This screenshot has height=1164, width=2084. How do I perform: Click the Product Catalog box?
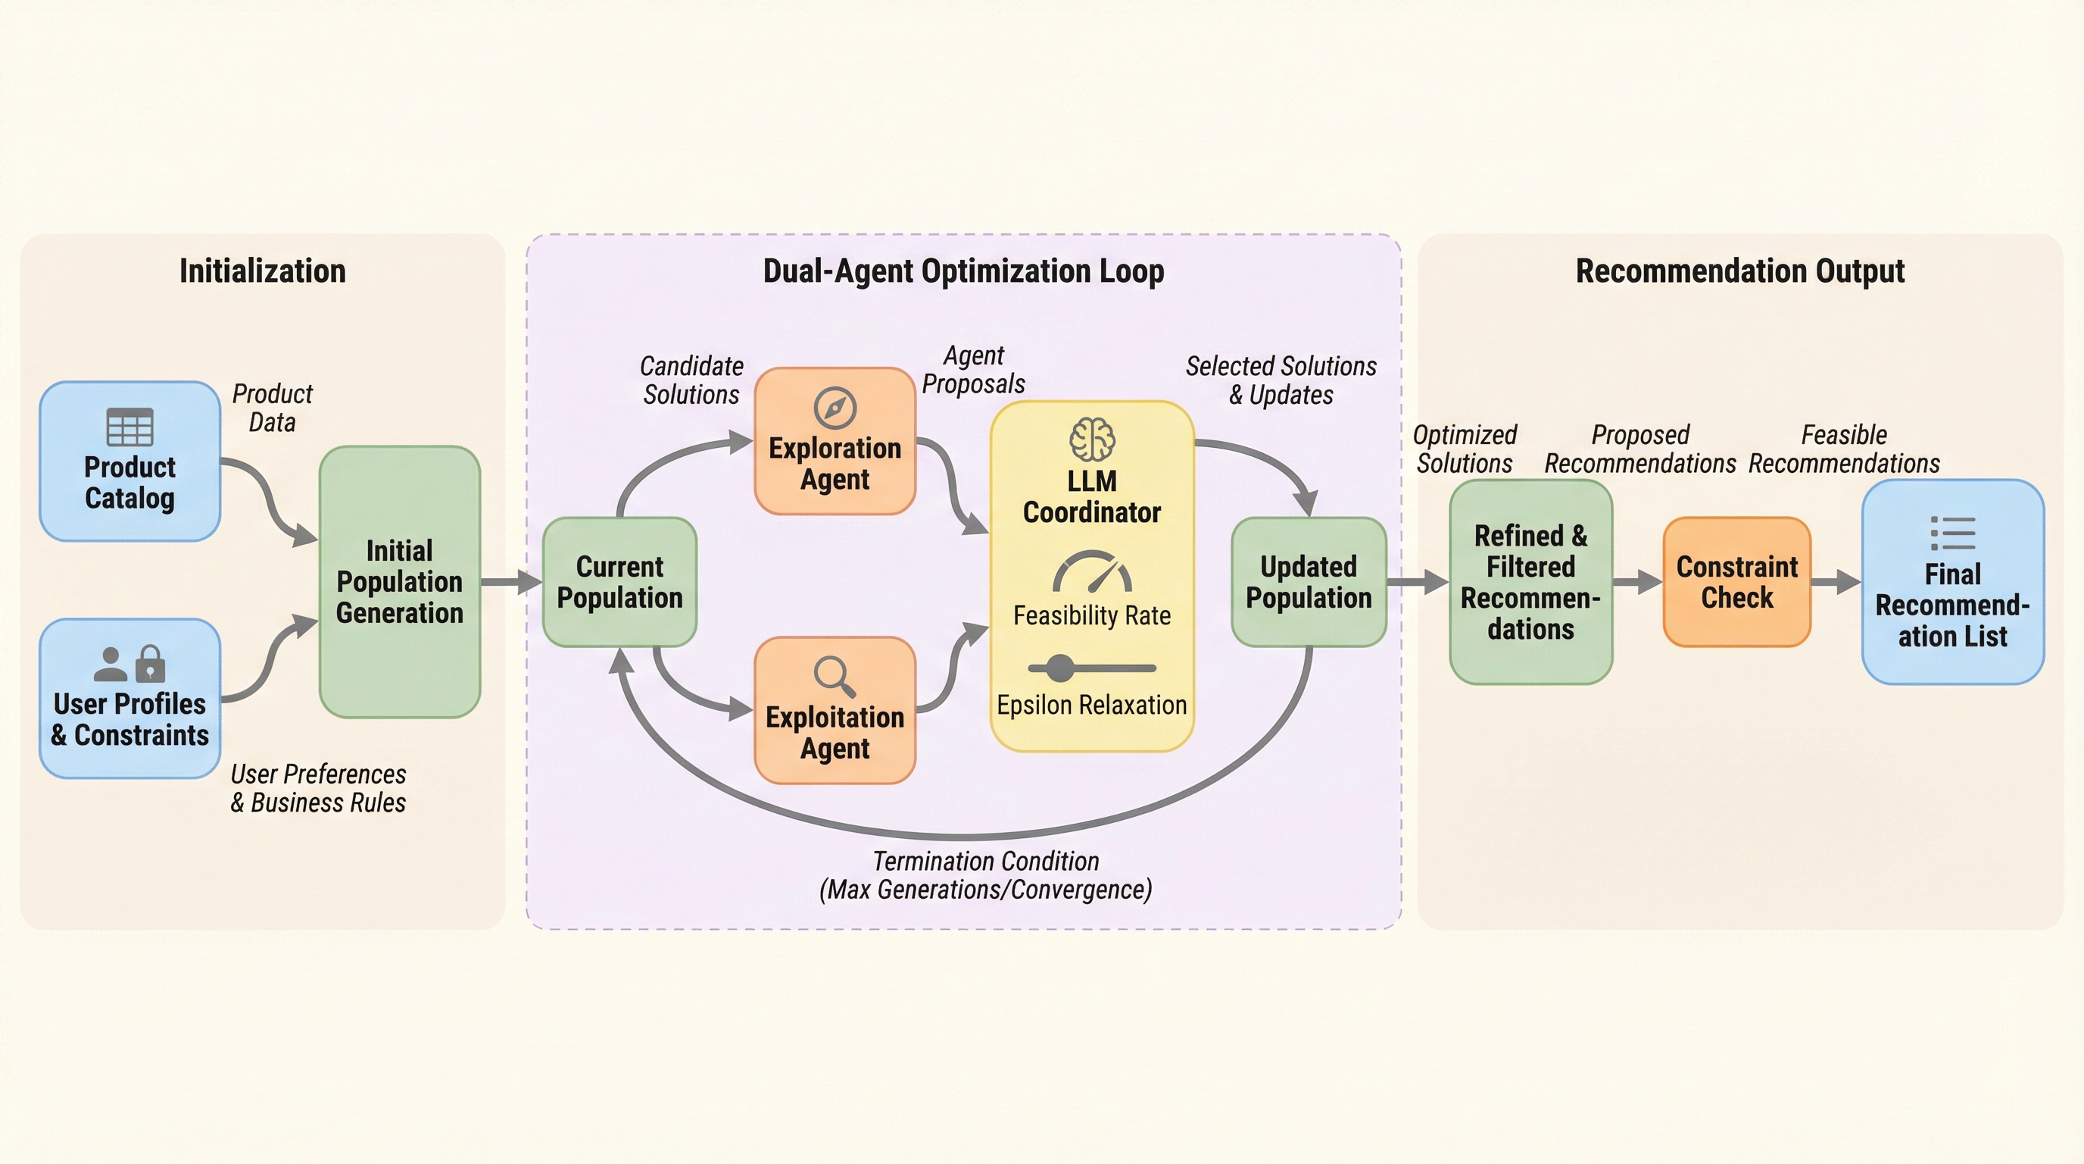pyautogui.click(x=129, y=462)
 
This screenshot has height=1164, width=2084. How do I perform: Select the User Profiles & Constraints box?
pyautogui.click(x=129, y=699)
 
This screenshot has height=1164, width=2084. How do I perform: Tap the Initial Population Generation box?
pyautogui.click(x=400, y=581)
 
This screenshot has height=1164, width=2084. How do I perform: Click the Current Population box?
pyautogui.click(x=619, y=582)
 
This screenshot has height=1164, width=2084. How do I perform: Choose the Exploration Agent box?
pyautogui.click(x=835, y=442)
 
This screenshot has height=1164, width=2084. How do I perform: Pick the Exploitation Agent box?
pyautogui.click(x=835, y=711)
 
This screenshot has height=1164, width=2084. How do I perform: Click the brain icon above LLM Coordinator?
pyautogui.click(x=1092, y=440)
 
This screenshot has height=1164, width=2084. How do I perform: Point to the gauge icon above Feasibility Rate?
pyautogui.click(x=1092, y=571)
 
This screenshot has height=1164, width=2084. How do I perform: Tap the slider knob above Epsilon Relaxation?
pyautogui.click(x=1060, y=668)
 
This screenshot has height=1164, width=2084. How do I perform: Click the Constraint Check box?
pyautogui.click(x=1737, y=582)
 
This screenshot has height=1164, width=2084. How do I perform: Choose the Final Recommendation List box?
pyautogui.click(x=1953, y=582)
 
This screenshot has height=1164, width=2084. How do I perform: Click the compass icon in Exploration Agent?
pyautogui.click(x=835, y=408)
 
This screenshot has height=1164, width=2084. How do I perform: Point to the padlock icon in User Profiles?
pyautogui.click(x=151, y=664)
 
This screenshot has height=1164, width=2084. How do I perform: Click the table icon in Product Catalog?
pyautogui.click(x=129, y=427)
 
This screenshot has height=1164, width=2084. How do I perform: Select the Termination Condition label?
pyautogui.click(x=985, y=875)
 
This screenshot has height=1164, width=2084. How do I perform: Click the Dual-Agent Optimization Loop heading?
pyautogui.click(x=963, y=271)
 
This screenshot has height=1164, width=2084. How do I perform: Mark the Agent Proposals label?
pyautogui.click(x=973, y=370)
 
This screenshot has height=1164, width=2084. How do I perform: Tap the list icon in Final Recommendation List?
pyautogui.click(x=1953, y=533)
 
